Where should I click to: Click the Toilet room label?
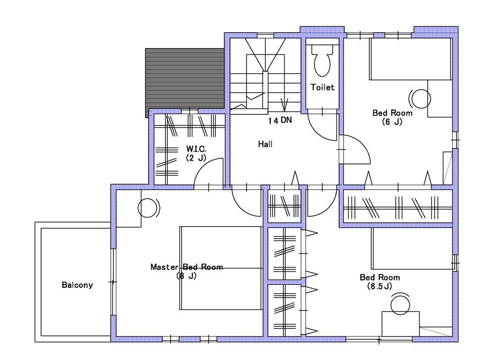322,88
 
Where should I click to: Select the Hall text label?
265,145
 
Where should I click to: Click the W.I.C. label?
196,149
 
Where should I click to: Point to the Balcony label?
77,285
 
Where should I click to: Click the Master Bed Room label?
186,267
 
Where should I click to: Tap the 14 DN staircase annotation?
280,120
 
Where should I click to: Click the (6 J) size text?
392,121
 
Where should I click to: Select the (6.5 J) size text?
380,286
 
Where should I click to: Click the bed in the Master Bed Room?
220,268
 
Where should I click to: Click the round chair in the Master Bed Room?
148,208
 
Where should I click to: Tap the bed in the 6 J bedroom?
410,59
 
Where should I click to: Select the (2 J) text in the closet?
196,158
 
